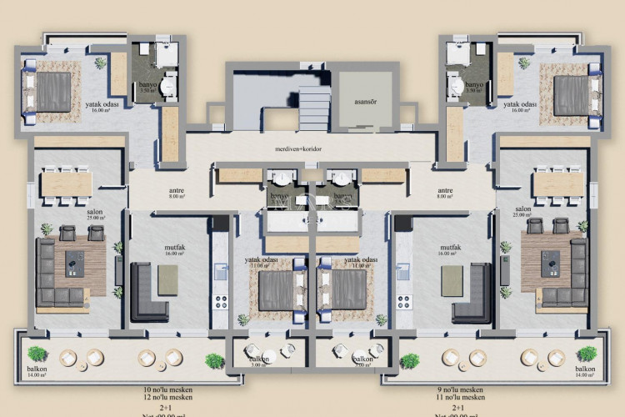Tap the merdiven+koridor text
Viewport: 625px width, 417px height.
click(x=298, y=149)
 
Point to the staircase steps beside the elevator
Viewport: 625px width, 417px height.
click(x=315, y=106)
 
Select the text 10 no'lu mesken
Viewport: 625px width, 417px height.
click(x=167, y=389)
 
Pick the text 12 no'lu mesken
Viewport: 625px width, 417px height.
click(x=167, y=398)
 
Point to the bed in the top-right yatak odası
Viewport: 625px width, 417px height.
click(x=572, y=91)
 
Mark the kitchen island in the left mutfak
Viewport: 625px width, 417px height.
click(x=167, y=279)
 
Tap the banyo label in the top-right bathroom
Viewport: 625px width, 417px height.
click(x=475, y=86)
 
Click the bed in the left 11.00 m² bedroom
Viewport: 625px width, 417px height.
click(x=275, y=289)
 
